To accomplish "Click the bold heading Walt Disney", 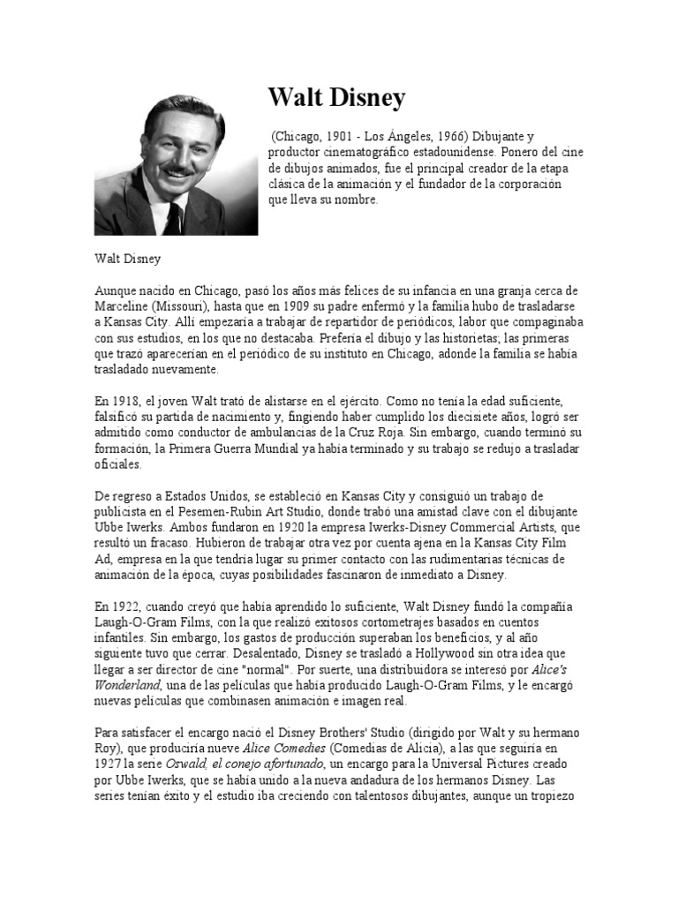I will point(336,97).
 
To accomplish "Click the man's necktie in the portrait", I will point(174,217).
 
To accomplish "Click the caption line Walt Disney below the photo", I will point(128,260).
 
